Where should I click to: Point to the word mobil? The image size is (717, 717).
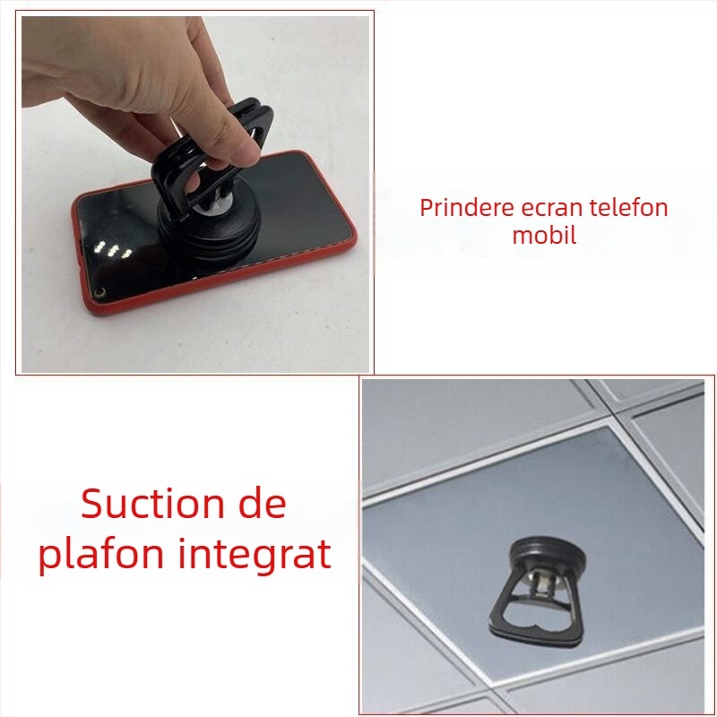pyautogui.click(x=544, y=236)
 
